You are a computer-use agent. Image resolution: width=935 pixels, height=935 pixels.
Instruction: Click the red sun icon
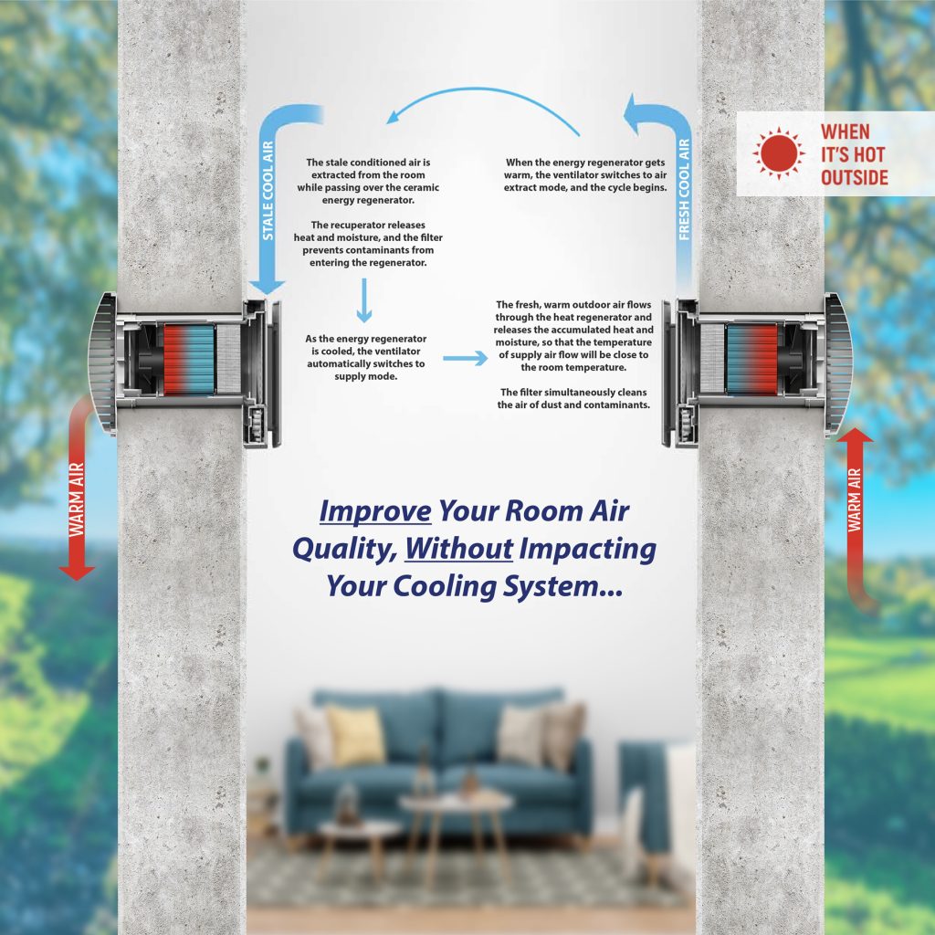pos(778,152)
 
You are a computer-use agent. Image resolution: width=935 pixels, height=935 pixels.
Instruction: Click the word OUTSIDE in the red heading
pos(854,177)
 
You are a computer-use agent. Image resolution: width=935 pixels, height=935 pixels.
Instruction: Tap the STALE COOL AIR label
pos(268,190)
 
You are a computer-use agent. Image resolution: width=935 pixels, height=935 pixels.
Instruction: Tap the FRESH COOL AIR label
pos(684,190)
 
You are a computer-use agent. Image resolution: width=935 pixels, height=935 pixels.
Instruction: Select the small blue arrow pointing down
pos(363,300)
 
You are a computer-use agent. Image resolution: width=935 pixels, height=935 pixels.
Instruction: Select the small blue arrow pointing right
pos(465,358)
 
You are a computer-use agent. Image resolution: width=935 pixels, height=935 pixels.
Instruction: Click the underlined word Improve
pos(375,511)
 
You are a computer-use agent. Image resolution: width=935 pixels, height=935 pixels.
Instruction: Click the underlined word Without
pos(458,549)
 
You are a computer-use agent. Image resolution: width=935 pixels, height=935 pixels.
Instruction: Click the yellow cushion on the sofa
pos(355,735)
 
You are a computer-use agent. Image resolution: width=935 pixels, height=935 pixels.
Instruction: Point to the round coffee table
pos(457,802)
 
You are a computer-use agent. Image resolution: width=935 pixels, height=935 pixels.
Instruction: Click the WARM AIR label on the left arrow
pos(77,499)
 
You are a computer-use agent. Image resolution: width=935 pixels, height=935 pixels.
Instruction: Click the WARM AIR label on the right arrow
pos(855,499)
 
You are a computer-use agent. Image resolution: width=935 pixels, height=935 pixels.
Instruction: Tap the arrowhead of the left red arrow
pos(77,572)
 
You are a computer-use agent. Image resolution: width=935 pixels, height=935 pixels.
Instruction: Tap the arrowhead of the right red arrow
pos(855,436)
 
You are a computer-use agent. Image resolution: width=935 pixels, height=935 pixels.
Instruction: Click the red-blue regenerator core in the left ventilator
pos(188,359)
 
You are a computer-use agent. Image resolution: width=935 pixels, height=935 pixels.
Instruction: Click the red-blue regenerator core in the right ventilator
pos(752,359)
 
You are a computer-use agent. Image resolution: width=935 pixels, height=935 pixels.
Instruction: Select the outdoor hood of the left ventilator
pos(102,363)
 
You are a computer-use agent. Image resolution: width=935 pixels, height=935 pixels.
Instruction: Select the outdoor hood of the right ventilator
pos(838,363)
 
